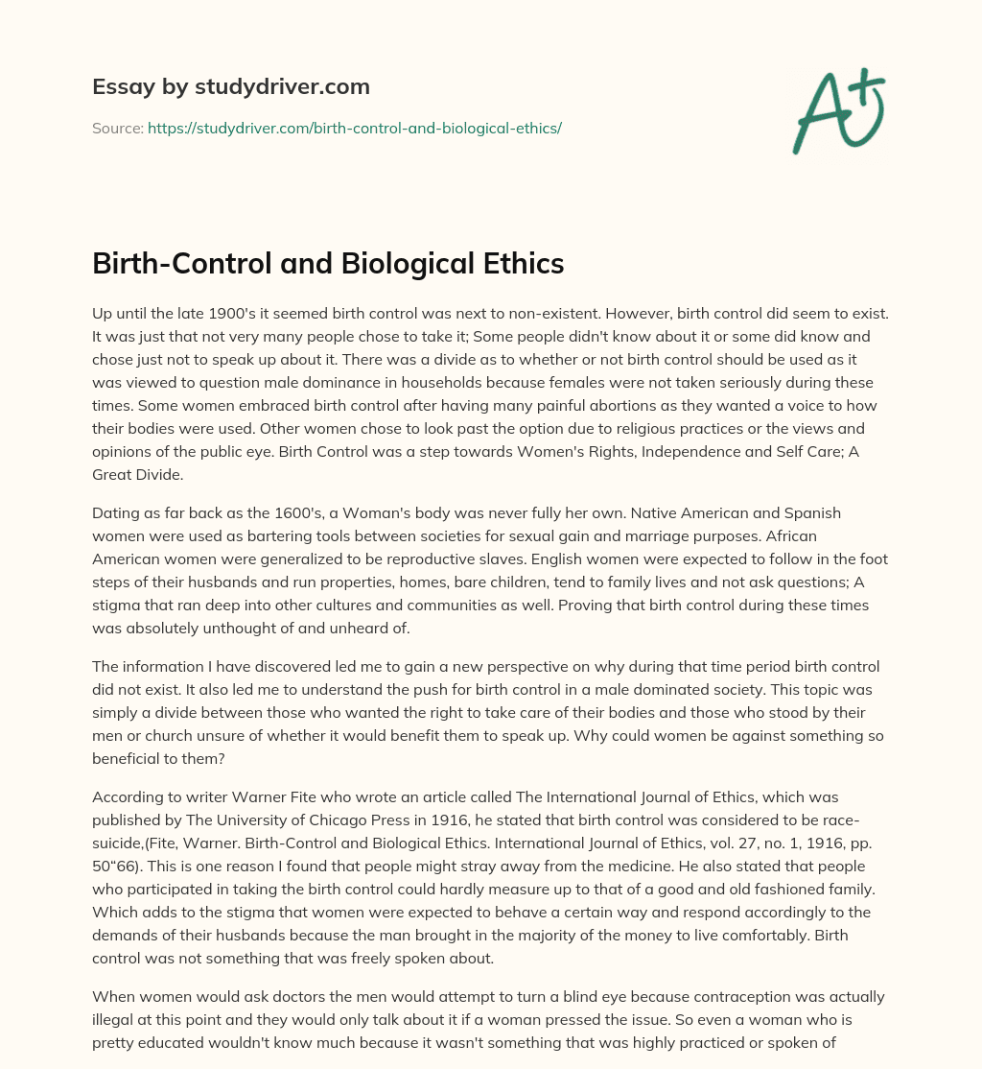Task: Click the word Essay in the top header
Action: coord(117,87)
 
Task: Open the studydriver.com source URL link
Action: coord(354,128)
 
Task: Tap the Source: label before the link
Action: coord(117,128)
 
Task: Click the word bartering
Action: coord(281,538)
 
